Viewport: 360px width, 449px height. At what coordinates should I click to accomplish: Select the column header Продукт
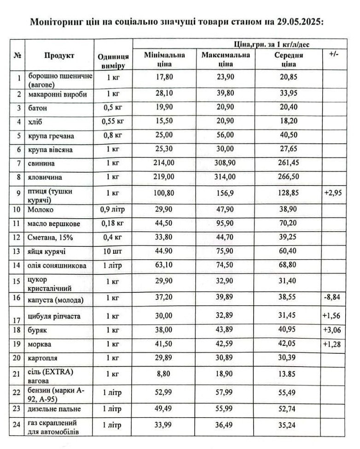tap(59, 56)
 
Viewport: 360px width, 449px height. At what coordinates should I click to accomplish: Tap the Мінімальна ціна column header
tap(165, 59)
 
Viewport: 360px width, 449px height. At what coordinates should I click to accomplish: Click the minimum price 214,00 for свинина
tap(165, 163)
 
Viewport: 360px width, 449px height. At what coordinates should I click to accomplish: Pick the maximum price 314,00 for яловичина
tap(226, 176)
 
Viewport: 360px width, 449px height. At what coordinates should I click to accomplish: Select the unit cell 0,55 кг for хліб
tap(113, 122)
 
